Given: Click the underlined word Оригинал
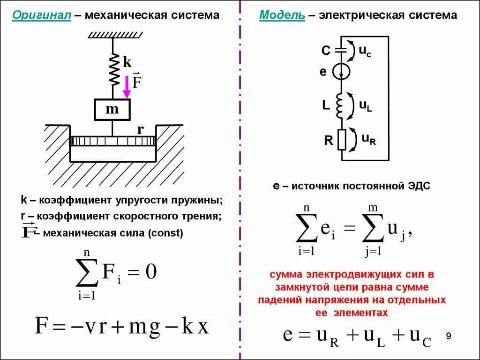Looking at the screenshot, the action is click(x=42, y=15).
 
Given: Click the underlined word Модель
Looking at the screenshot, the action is click(x=282, y=15).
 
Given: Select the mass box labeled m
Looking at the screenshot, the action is click(x=112, y=110).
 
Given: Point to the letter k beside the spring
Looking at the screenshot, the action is click(x=127, y=62).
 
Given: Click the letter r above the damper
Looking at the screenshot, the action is click(x=140, y=130).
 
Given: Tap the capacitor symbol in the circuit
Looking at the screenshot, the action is click(x=342, y=50).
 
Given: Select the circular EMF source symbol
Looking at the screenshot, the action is click(x=341, y=72).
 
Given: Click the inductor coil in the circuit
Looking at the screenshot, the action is click(x=341, y=106).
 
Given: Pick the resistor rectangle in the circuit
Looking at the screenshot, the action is click(x=341, y=140).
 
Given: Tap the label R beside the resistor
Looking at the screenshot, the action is click(x=329, y=140).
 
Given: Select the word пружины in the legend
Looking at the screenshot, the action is click(x=202, y=200).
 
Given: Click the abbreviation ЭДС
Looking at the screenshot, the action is click(x=418, y=186).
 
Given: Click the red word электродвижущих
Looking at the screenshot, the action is click(x=351, y=274).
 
